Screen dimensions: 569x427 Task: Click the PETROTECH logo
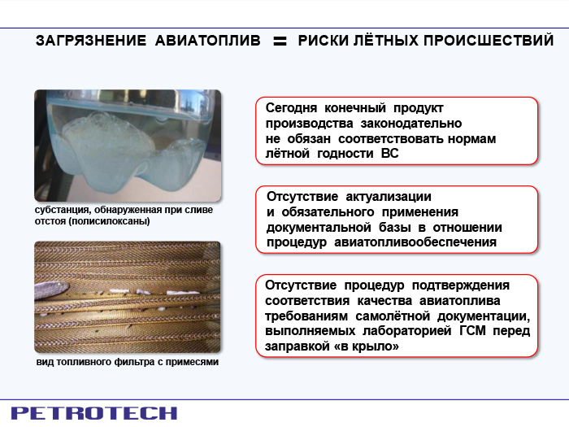[x=94, y=413]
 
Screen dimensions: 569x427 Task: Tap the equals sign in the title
[x=280, y=41]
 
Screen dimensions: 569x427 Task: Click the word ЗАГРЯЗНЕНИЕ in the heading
[x=91, y=41]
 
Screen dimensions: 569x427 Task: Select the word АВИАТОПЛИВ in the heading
[x=207, y=41]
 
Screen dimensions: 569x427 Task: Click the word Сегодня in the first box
[x=291, y=108]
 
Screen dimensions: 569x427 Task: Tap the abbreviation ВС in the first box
[x=389, y=154]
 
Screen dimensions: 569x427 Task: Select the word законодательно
[x=410, y=124]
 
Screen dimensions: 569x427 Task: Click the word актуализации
[x=389, y=197]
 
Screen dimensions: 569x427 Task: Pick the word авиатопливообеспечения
[x=415, y=242]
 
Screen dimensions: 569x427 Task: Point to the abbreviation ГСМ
[x=472, y=331]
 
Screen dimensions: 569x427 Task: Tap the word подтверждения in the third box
[x=461, y=285]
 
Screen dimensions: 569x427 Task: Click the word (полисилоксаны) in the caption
[x=109, y=221]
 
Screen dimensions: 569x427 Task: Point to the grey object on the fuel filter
[x=51, y=290]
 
